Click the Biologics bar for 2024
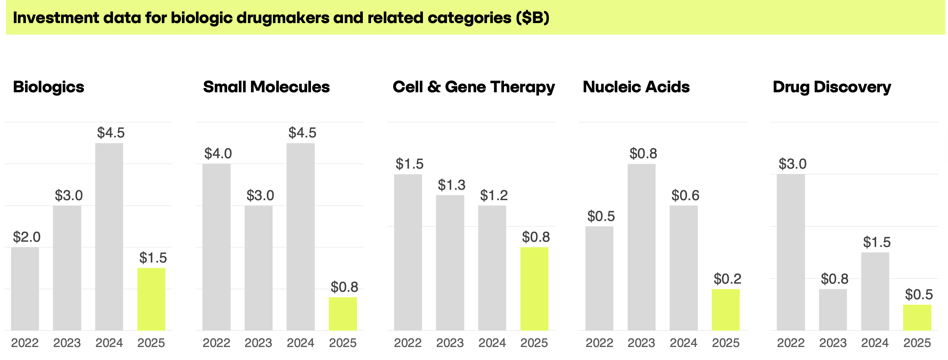click(109, 237)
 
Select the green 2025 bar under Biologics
click(151, 299)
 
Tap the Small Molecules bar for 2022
click(216, 247)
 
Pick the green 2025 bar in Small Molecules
click(343, 314)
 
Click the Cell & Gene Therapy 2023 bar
click(450, 263)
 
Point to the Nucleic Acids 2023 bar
click(641, 247)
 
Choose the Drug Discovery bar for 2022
click(791, 252)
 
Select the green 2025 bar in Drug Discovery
click(917, 317)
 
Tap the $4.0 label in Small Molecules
click(218, 153)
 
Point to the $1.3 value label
click(452, 185)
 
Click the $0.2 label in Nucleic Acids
click(727, 279)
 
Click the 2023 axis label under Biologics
click(67, 343)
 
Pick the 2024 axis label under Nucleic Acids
click(684, 343)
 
